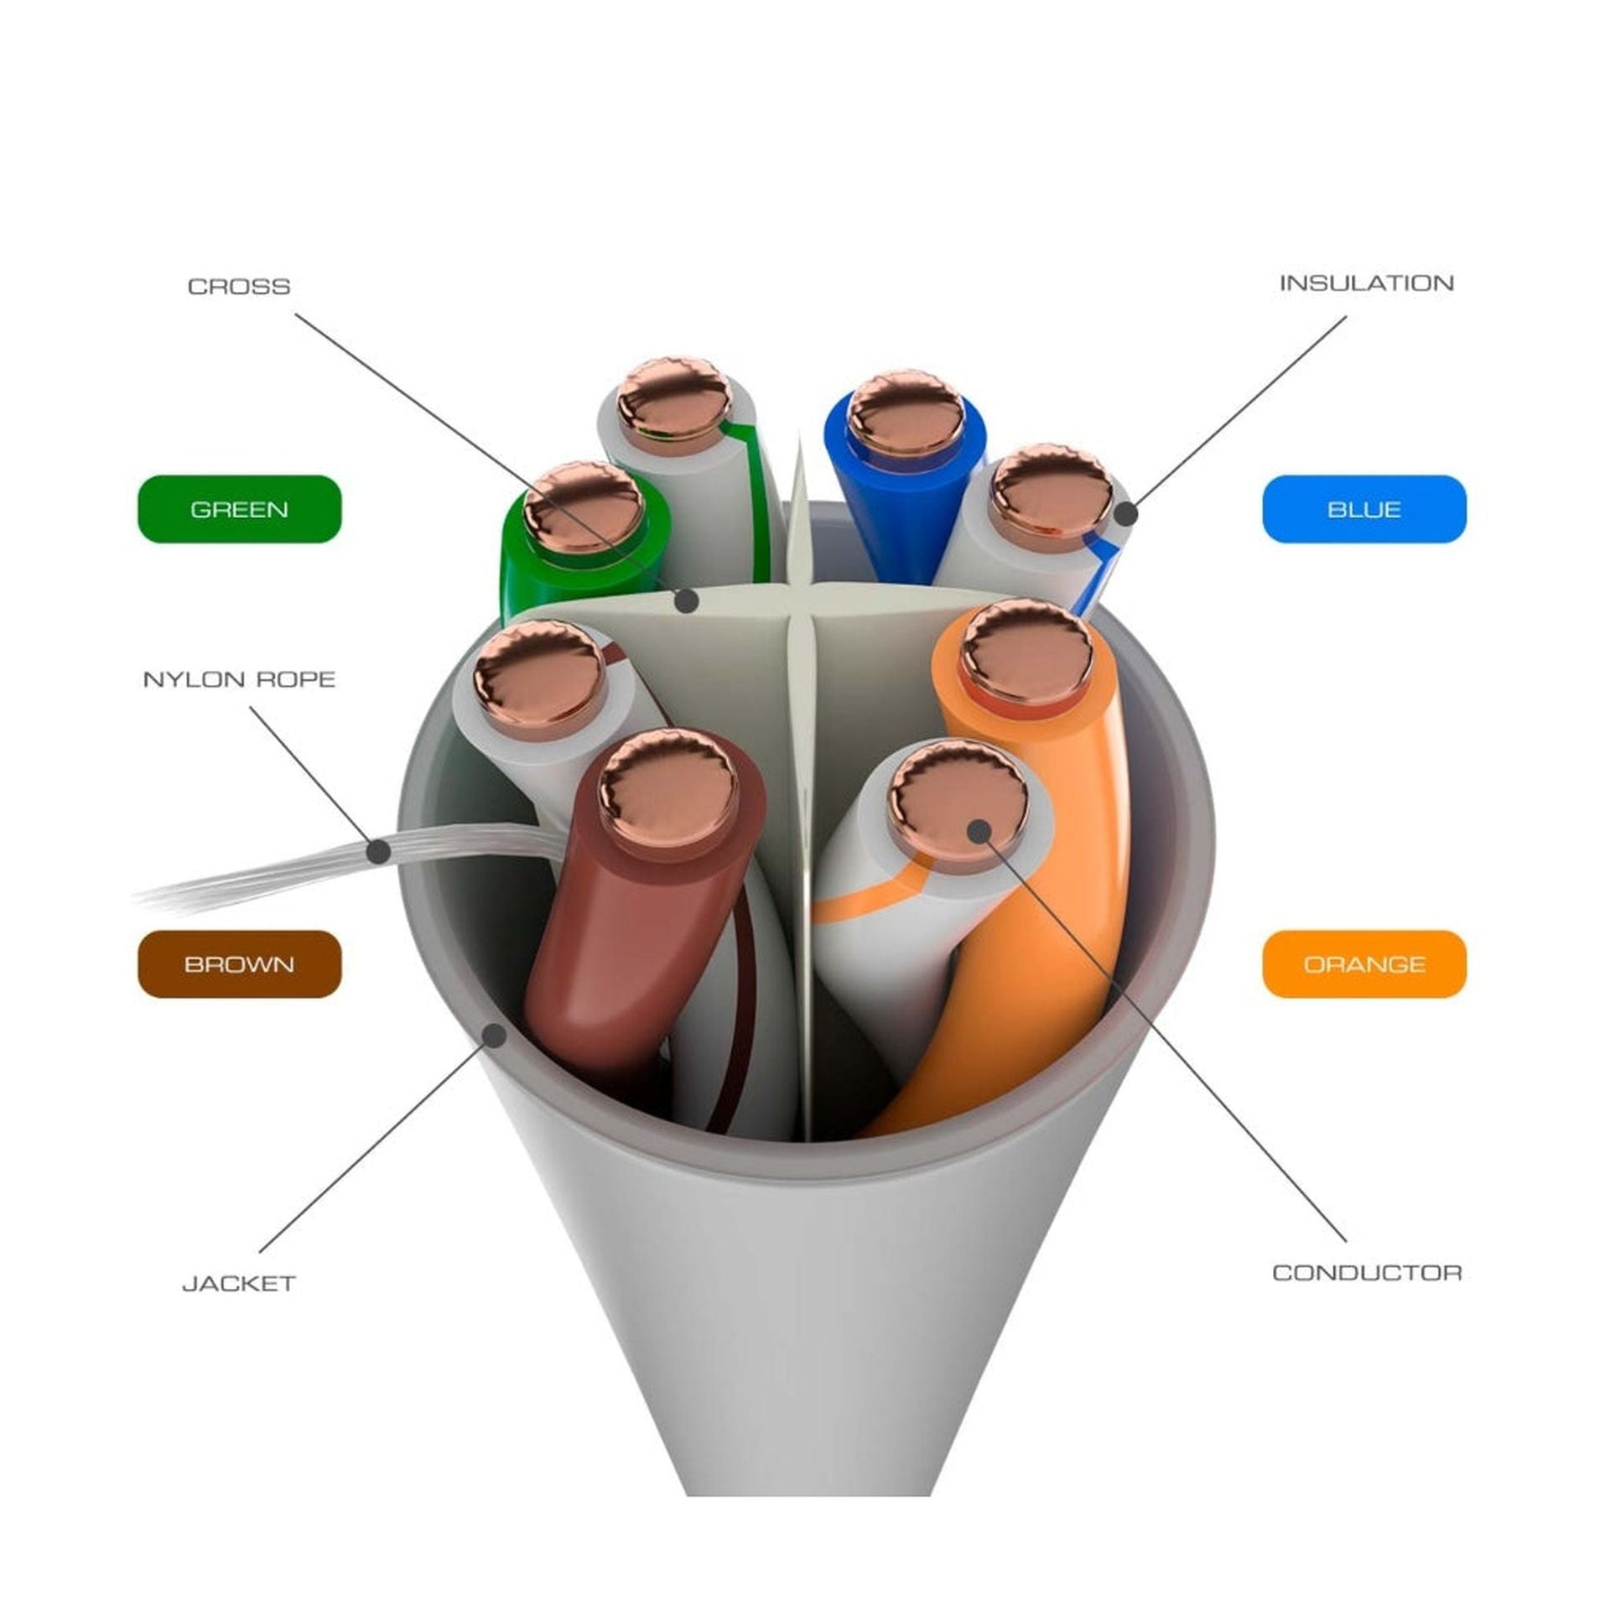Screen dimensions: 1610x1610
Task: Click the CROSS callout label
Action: (239, 287)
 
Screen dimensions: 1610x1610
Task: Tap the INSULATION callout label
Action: (1366, 283)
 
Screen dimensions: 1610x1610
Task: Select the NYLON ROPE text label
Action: (239, 679)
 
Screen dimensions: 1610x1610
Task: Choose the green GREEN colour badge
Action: (240, 509)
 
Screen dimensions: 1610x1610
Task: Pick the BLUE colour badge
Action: (1364, 509)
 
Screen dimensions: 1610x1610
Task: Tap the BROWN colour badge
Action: (240, 964)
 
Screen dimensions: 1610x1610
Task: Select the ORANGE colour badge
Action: (1364, 964)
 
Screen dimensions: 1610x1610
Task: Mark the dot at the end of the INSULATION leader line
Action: (1127, 513)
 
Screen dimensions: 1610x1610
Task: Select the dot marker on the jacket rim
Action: (496, 1035)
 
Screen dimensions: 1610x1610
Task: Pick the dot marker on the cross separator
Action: (688, 600)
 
